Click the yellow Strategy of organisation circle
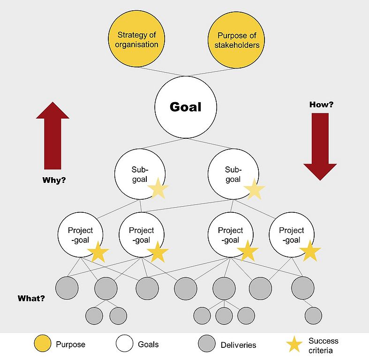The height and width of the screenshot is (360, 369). pyautogui.click(x=137, y=40)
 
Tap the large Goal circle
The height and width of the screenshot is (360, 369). pyautogui.click(x=185, y=107)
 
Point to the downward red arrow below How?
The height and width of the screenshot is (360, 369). pyautogui.click(x=320, y=145)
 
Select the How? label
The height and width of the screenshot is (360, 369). pyautogui.click(x=321, y=105)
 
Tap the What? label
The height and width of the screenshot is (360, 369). pyautogui.click(x=31, y=298)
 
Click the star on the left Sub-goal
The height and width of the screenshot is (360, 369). pyautogui.click(x=158, y=189)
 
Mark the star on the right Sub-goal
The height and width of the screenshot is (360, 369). pyautogui.click(x=254, y=189)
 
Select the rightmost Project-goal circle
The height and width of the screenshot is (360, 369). pyautogui.click(x=291, y=234)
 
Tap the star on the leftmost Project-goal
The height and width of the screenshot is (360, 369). pyautogui.click(x=98, y=252)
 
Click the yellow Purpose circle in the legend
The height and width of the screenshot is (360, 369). pyautogui.click(x=42, y=345)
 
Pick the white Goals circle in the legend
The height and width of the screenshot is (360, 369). pyautogui.click(x=124, y=345)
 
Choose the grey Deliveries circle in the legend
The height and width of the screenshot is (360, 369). pyautogui.click(x=206, y=345)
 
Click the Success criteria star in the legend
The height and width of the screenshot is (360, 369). pyautogui.click(x=294, y=345)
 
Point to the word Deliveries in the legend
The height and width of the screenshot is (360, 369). pyautogui.click(x=238, y=345)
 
